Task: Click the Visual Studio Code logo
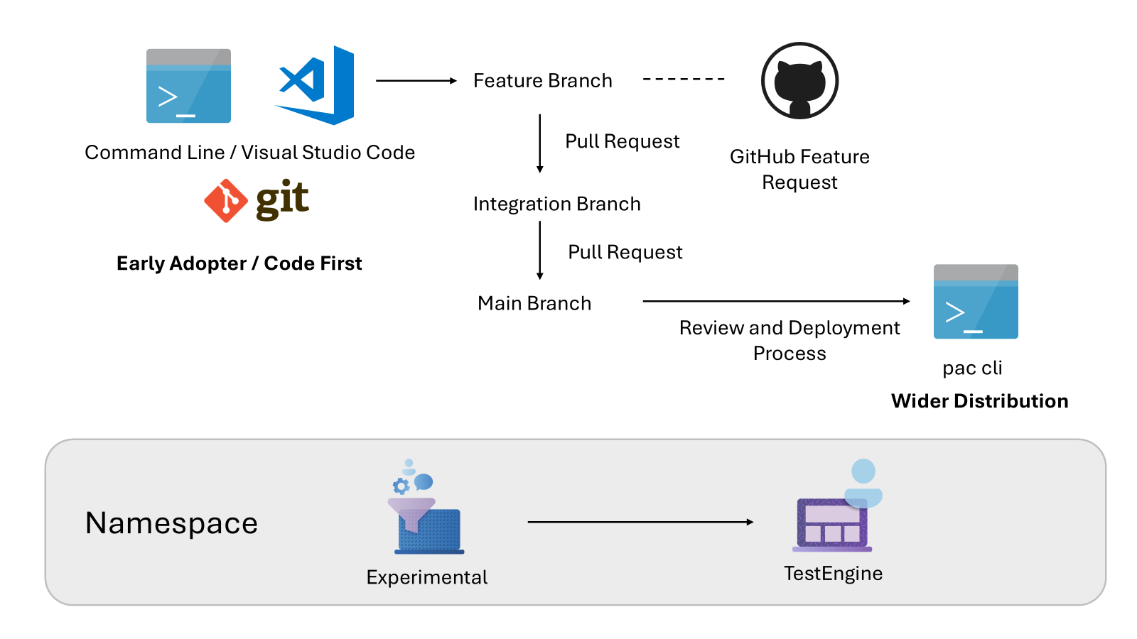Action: [316, 84]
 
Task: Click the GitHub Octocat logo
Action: [799, 81]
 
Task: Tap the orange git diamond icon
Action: [225, 200]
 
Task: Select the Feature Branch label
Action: [542, 81]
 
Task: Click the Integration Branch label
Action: [556, 204]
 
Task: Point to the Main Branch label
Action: [534, 304]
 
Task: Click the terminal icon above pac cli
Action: [975, 302]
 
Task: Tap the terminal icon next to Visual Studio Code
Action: [188, 86]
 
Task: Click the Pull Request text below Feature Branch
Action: [622, 141]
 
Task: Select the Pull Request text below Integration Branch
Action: [625, 252]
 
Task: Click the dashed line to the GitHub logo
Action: [684, 79]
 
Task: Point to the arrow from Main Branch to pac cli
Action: [775, 301]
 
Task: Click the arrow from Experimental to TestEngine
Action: [640, 522]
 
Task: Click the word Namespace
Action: [171, 523]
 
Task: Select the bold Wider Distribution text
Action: [979, 401]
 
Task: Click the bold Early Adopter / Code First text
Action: [239, 263]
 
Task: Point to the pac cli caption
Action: [972, 368]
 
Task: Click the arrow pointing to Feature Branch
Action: [416, 81]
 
